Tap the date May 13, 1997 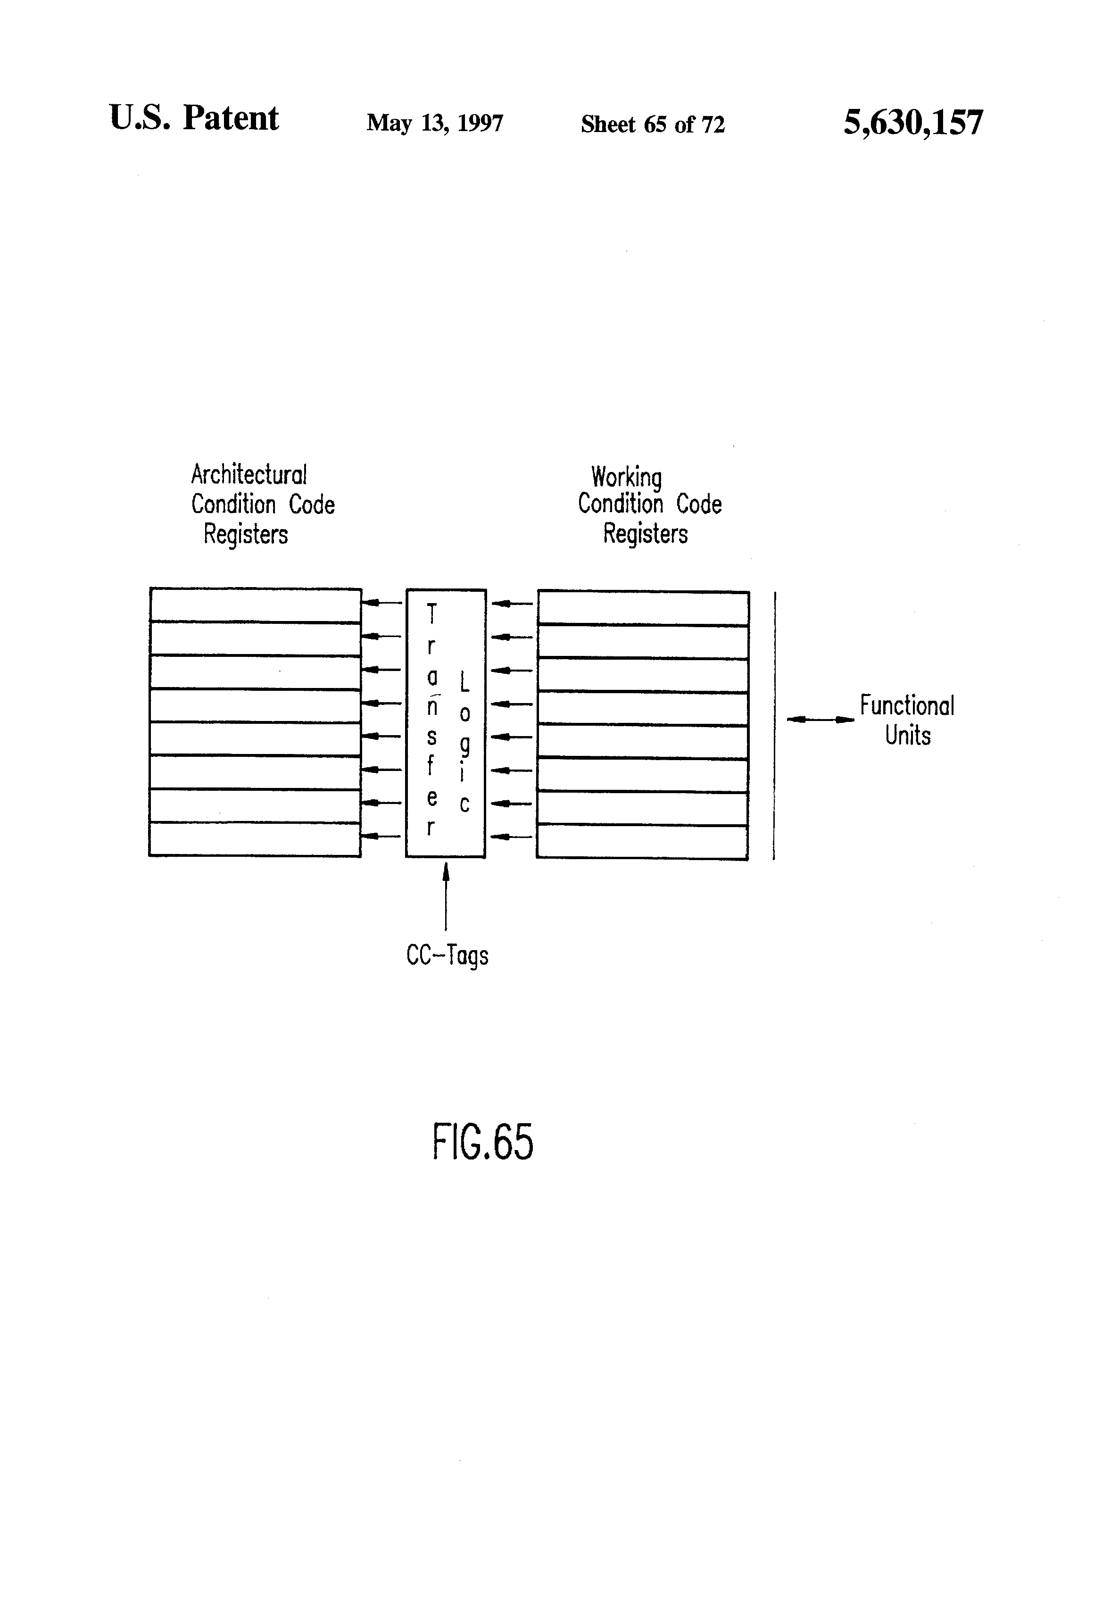click(434, 123)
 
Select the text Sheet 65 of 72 click(652, 124)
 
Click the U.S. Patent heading click(194, 118)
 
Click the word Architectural click(248, 475)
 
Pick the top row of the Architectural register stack click(255, 605)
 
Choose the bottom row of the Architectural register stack click(255, 839)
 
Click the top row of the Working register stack click(643, 608)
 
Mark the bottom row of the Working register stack click(642, 842)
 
